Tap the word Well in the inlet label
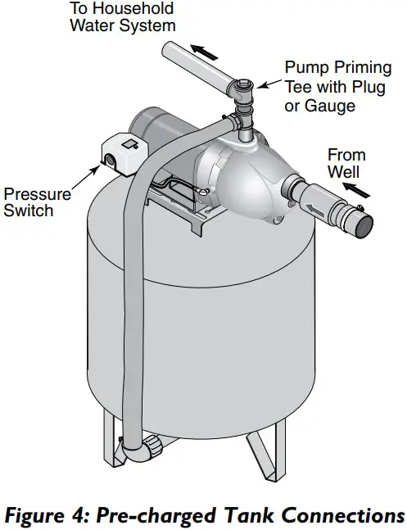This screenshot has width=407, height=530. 343,172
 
